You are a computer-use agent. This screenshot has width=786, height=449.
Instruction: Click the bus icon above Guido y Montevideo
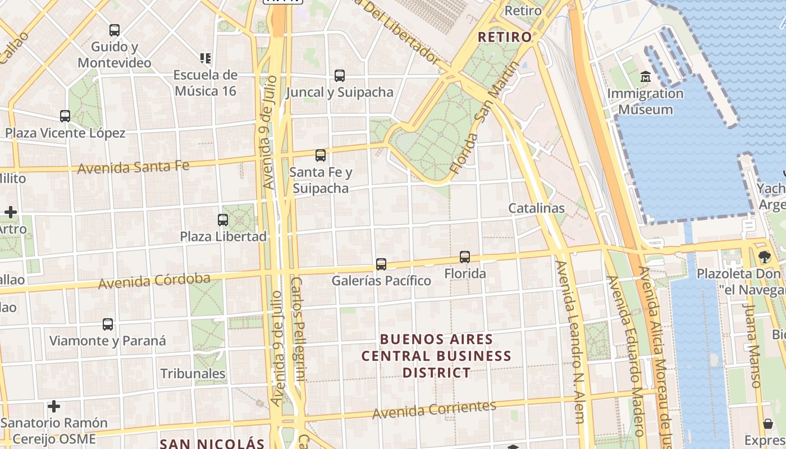click(115, 30)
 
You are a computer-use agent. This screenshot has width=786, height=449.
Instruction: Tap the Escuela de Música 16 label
click(205, 83)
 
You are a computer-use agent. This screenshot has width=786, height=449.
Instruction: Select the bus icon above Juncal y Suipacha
click(339, 76)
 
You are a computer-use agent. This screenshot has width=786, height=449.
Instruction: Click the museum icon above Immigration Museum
click(646, 76)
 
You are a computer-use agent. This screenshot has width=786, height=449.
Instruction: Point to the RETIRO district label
click(504, 37)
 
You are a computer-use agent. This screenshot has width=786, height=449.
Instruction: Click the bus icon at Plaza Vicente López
click(65, 116)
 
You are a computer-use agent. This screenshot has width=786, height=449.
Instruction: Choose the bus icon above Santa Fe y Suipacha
click(321, 155)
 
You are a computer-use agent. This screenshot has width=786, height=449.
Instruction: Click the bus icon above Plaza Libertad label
click(223, 220)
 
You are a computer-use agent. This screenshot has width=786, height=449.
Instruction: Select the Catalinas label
click(536, 208)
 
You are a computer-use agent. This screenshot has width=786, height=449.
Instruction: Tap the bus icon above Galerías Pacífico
click(381, 264)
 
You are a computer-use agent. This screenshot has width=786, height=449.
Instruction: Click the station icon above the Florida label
click(465, 257)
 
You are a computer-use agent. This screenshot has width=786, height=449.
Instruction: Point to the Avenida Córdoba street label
click(154, 281)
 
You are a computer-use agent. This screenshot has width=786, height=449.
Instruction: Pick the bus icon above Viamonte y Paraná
click(108, 324)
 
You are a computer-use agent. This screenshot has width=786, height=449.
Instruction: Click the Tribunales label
click(193, 373)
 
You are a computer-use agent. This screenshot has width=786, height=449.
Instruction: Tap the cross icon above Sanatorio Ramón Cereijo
click(54, 406)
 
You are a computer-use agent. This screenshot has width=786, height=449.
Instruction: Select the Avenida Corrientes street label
click(435, 409)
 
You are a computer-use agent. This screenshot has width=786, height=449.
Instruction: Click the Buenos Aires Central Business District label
click(436, 356)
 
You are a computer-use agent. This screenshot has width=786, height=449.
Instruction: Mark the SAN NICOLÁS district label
click(212, 443)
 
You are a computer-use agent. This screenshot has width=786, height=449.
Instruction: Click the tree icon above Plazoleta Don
click(764, 257)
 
